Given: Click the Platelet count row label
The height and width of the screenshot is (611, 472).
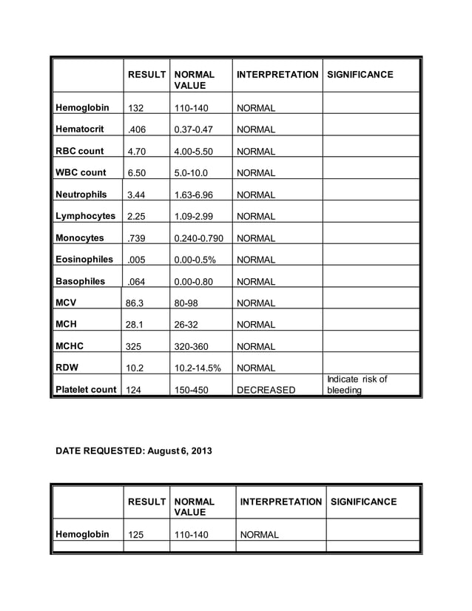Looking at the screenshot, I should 85,390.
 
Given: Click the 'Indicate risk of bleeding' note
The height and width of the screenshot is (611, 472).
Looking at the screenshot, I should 356,385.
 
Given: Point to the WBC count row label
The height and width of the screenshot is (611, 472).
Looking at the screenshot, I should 81,172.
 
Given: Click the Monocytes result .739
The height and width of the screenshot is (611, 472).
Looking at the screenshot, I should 138,238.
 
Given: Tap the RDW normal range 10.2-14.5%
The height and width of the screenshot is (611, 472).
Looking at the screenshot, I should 199,368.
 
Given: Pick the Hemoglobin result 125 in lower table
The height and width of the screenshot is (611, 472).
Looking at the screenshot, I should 136,534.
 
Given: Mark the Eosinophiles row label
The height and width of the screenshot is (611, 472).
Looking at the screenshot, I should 84,260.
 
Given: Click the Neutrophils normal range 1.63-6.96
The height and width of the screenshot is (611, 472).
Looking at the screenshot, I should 194,195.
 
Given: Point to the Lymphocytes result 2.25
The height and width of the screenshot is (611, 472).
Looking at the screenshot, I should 138,217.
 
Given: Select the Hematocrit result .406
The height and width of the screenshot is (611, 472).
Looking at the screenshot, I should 138,129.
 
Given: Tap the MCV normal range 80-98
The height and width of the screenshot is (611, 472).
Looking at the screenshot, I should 188,303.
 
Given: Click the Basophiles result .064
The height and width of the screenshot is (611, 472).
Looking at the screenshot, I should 138,282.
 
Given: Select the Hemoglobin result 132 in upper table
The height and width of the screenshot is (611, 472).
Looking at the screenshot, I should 136,108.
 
